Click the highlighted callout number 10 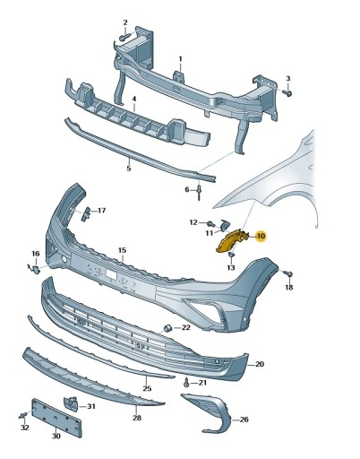[261, 237]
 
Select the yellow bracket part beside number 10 [232, 240]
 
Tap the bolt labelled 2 [125, 38]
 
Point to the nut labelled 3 [288, 93]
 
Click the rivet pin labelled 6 [199, 193]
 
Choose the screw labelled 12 [211, 223]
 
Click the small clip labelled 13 [231, 255]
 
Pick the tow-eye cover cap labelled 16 [35, 269]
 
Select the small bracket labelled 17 [85, 214]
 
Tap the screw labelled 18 [288, 273]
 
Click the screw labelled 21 [186, 383]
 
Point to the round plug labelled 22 [167, 328]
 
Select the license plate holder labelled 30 [56, 418]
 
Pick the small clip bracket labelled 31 [71, 404]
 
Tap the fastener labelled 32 [22, 415]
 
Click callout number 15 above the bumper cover [122, 250]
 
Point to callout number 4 [134, 99]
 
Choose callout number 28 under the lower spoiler [137, 418]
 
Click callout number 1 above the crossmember [180, 59]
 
